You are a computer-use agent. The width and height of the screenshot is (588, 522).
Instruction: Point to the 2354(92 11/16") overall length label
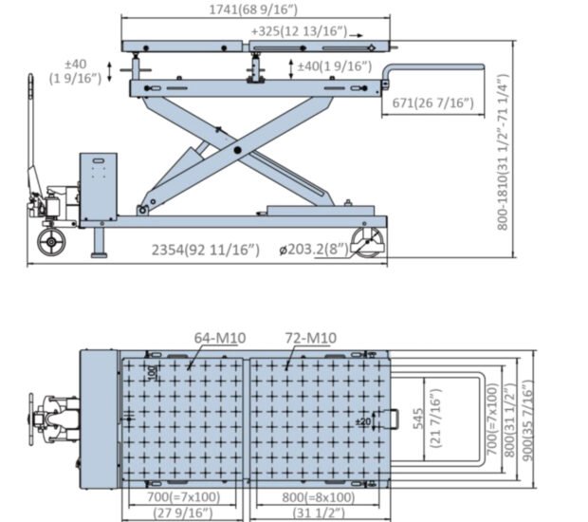206,250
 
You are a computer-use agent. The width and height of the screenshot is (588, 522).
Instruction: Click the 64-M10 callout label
220,337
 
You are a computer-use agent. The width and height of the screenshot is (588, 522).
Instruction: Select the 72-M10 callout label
309,337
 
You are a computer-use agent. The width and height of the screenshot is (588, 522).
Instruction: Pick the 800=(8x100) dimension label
319,497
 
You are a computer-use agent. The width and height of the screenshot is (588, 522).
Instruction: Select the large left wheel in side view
52,240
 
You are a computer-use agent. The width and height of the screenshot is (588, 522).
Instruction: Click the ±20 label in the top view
363,420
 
